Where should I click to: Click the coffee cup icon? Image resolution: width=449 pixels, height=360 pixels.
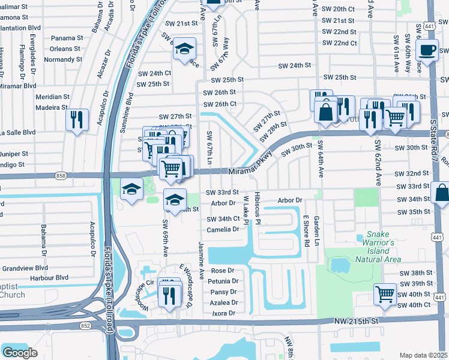point(427,50)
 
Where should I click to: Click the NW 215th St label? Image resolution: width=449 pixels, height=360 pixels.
point(357,322)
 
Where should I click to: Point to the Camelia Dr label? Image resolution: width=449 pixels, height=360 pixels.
point(223,230)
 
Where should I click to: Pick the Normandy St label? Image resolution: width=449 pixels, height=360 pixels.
point(63,60)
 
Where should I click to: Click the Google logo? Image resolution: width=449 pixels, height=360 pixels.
point(20,352)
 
